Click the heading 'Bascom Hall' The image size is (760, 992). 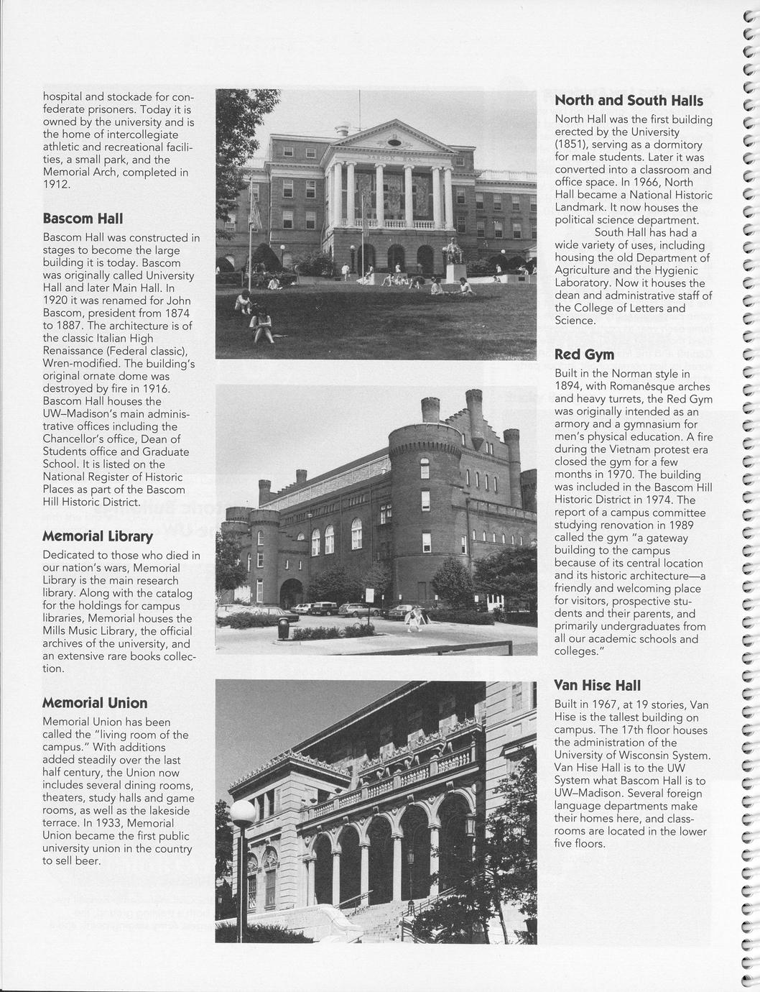[83, 218]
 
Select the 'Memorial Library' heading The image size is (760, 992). [98, 536]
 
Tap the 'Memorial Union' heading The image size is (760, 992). [95, 702]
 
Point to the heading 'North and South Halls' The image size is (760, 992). [629, 101]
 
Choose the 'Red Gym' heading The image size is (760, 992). [584, 354]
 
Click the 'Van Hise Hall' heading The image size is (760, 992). [598, 685]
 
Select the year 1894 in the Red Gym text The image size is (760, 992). [569, 386]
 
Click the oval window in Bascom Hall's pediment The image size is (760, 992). [393, 142]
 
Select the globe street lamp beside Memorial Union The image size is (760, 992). [242, 814]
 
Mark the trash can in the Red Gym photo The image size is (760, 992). [283, 626]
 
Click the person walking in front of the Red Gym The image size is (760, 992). [414, 619]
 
